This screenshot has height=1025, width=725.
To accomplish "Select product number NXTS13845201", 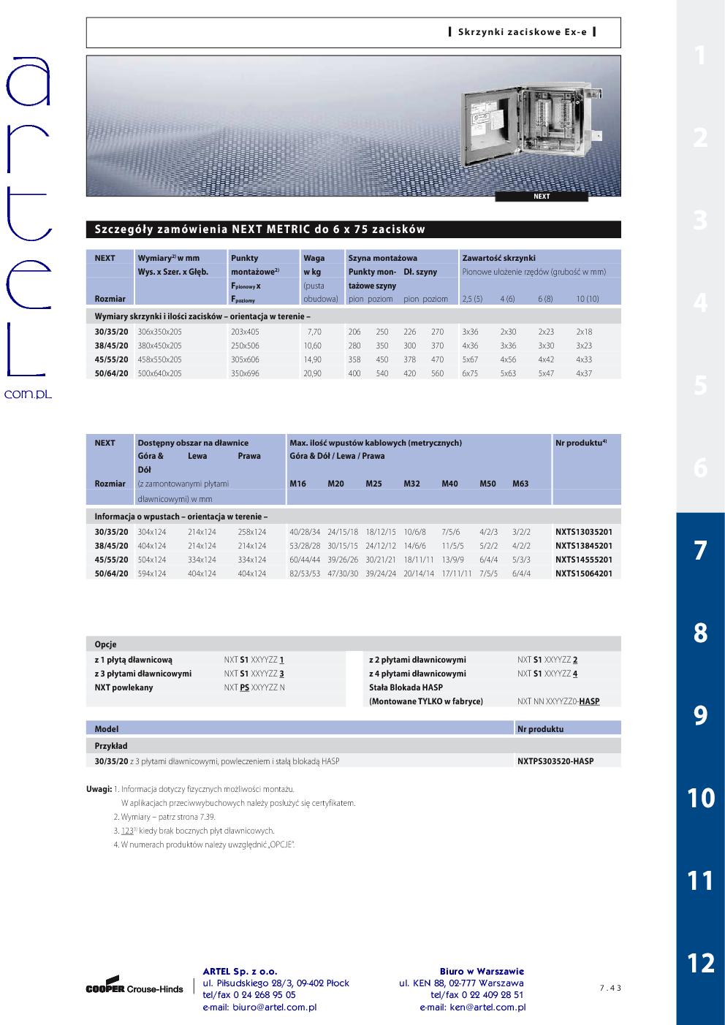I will (x=583, y=546).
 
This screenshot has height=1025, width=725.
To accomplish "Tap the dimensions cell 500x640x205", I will (x=159, y=373).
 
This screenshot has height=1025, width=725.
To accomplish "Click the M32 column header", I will (x=411, y=484).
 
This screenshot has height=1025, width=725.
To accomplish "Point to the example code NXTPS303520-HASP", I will (x=555, y=761).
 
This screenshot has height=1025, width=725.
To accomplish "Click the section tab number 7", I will (x=700, y=550).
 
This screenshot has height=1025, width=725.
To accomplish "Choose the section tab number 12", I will (x=700, y=963).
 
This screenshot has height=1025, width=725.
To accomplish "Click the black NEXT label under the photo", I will (x=542, y=197).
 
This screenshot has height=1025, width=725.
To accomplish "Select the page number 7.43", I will (x=610, y=988).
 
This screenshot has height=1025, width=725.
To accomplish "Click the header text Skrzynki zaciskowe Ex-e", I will (x=522, y=32).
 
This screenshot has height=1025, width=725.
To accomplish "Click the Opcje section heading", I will (x=106, y=644).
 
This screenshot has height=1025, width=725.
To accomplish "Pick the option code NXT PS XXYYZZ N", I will (x=254, y=687).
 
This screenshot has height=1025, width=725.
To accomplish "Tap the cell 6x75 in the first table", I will (x=470, y=373).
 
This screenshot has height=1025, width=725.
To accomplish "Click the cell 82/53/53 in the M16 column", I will (x=305, y=574).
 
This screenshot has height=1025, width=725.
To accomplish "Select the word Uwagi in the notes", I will (x=99, y=789).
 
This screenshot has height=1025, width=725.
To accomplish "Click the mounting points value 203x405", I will (x=245, y=332).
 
